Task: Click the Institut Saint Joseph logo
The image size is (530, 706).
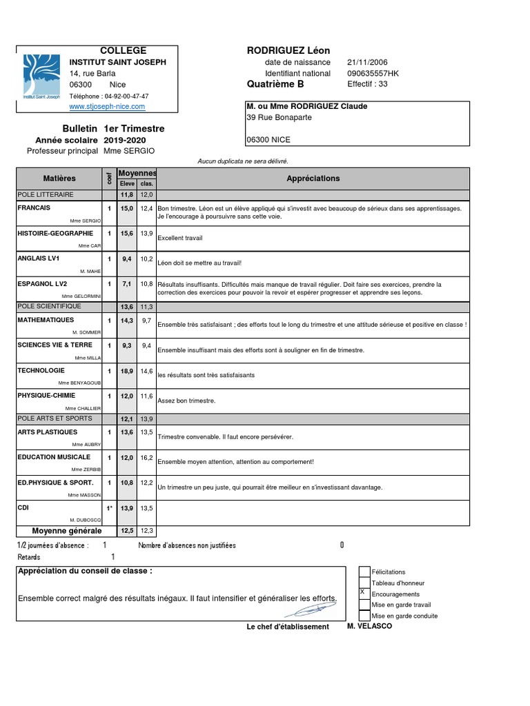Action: tap(41, 79)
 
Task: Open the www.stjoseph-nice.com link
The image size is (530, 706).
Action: tap(107, 107)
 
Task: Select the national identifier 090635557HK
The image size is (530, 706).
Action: tap(373, 73)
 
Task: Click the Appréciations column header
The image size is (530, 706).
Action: tap(313, 179)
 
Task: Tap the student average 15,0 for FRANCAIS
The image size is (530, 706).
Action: tap(127, 208)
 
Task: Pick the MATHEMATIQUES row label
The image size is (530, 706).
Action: tap(46, 320)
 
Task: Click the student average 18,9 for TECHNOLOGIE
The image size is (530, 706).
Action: tap(127, 371)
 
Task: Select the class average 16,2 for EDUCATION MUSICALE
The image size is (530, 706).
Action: tap(146, 457)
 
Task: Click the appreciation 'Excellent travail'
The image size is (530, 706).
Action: tap(180, 238)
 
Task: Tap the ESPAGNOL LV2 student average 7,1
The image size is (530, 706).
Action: tap(127, 283)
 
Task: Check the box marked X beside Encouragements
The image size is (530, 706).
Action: tap(364, 593)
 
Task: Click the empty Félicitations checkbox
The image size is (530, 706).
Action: tap(364, 571)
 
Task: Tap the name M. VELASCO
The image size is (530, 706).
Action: tap(370, 625)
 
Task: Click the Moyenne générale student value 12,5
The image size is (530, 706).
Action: tap(127, 531)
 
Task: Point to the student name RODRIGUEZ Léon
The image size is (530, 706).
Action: tap(288, 50)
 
